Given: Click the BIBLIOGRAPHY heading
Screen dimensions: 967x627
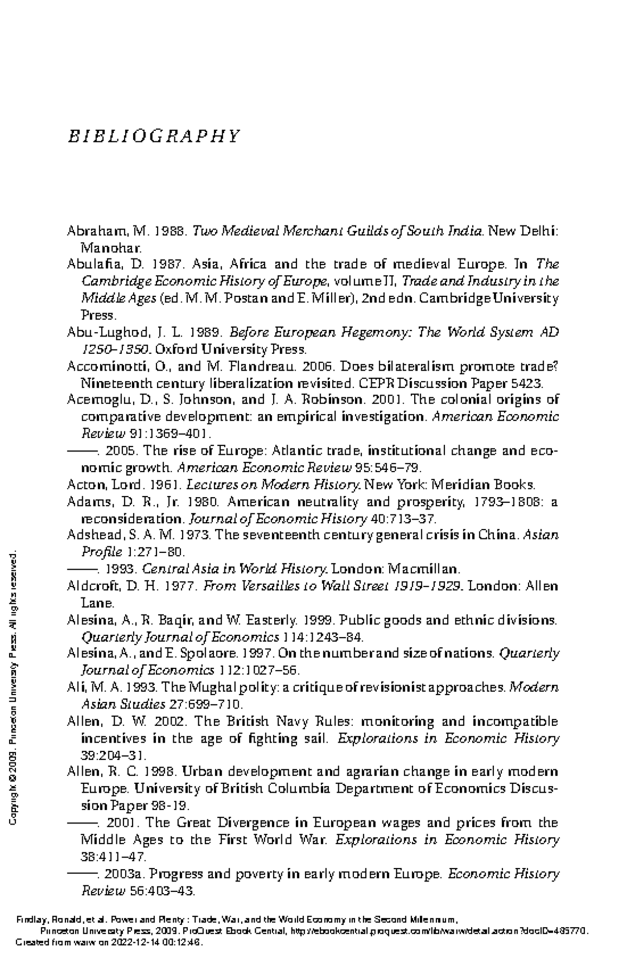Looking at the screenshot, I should pos(153,136).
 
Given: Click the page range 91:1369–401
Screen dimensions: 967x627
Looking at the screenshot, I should pos(170,434).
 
